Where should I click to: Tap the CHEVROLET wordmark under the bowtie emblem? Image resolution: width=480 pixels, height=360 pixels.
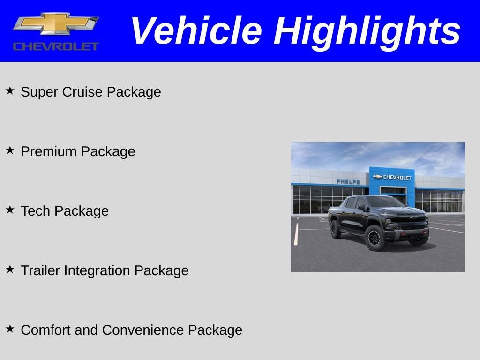click(x=56, y=46)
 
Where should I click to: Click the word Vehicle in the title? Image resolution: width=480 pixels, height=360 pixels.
click(x=195, y=31)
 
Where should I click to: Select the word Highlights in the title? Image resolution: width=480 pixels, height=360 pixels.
click(x=367, y=31)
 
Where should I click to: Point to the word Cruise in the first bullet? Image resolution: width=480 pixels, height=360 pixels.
click(x=83, y=92)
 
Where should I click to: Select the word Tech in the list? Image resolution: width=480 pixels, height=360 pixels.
click(x=35, y=211)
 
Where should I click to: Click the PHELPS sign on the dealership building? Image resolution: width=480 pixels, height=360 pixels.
click(x=348, y=181)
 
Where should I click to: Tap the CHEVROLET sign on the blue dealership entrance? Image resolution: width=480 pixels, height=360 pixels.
click(x=393, y=177)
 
